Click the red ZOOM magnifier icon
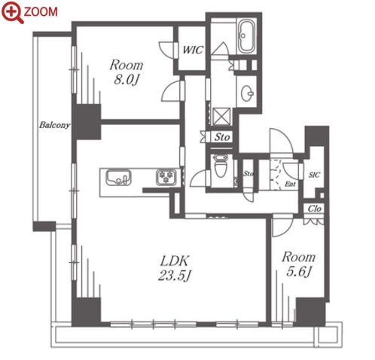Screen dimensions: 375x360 pyautogui.click(x=13, y=12)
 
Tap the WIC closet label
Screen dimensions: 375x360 pyautogui.click(x=193, y=50)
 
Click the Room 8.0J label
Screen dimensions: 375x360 pyautogui.click(x=127, y=72)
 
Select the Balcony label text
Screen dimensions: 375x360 pyautogui.click(x=54, y=125)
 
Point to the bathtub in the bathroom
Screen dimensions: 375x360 pyautogui.click(x=246, y=37)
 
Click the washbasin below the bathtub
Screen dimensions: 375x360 pyautogui.click(x=247, y=93)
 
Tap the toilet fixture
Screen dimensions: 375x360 pyautogui.click(x=221, y=166)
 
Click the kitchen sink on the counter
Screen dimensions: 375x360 pyautogui.click(x=118, y=178)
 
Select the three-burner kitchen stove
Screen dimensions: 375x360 pyautogui.click(x=166, y=177)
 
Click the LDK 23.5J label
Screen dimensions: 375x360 pyautogui.click(x=174, y=268)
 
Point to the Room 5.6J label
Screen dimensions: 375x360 pyautogui.click(x=298, y=264)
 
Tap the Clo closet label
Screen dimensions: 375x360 pyautogui.click(x=314, y=209)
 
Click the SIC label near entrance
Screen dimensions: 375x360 pyautogui.click(x=314, y=175)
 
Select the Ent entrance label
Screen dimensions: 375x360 pyautogui.click(x=290, y=185)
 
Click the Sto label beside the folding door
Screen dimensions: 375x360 pyautogui.click(x=222, y=137)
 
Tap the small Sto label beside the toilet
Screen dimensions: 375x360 pyautogui.click(x=248, y=173)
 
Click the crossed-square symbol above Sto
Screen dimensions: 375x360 pyautogui.click(x=221, y=117)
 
